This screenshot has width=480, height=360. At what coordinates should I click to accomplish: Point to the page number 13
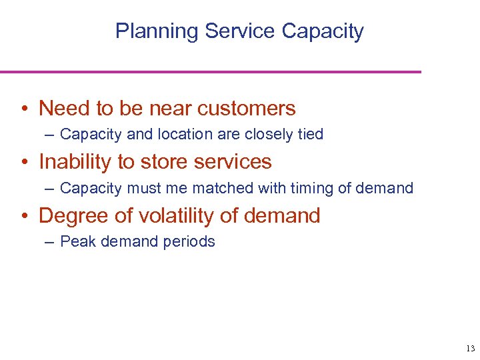coord(469,349)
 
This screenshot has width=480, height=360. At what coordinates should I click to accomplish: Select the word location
coord(184,135)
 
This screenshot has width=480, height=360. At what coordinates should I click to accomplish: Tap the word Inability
coord(75,162)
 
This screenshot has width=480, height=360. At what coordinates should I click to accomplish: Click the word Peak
coord(77,242)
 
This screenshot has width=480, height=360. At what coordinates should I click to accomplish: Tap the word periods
coord(191,242)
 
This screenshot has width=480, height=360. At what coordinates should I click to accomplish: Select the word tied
coord(310,135)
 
